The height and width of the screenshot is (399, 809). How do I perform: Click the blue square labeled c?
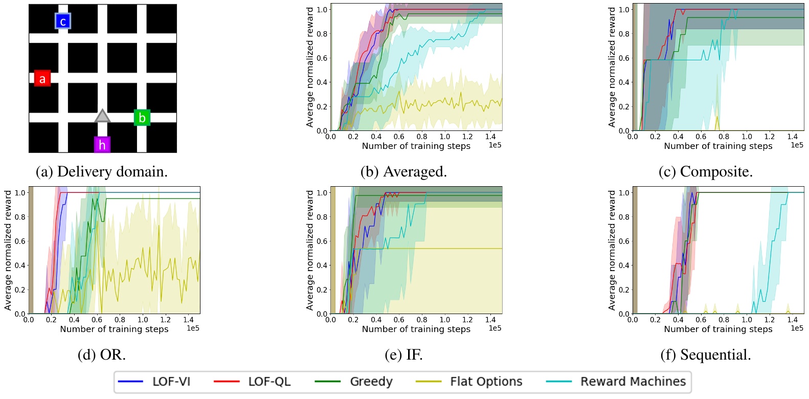point(62,21)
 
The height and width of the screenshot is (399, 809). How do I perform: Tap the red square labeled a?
point(42,78)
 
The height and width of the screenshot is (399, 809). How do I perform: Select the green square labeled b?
point(142,118)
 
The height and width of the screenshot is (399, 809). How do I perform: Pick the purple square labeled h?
point(102,145)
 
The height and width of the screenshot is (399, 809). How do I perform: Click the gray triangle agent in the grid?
point(102,116)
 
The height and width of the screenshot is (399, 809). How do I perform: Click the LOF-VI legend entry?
point(154,382)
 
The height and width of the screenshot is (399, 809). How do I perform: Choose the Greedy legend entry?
point(353,382)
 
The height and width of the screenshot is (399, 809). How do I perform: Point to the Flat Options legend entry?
point(469,382)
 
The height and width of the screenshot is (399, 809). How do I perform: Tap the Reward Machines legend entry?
point(616,382)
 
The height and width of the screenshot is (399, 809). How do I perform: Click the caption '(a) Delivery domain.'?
point(101,171)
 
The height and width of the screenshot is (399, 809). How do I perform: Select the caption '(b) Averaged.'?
point(403,171)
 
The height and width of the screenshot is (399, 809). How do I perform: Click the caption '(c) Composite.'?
point(706,171)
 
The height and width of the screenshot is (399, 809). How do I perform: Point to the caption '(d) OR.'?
point(101,354)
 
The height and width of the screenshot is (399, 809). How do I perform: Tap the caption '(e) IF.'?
point(403,354)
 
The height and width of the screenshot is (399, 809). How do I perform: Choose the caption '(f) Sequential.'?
point(706,354)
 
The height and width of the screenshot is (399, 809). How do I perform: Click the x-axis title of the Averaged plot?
point(416,146)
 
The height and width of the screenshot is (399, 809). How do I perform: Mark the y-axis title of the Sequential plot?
point(612,250)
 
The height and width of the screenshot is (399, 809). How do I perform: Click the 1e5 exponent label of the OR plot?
point(193,328)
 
